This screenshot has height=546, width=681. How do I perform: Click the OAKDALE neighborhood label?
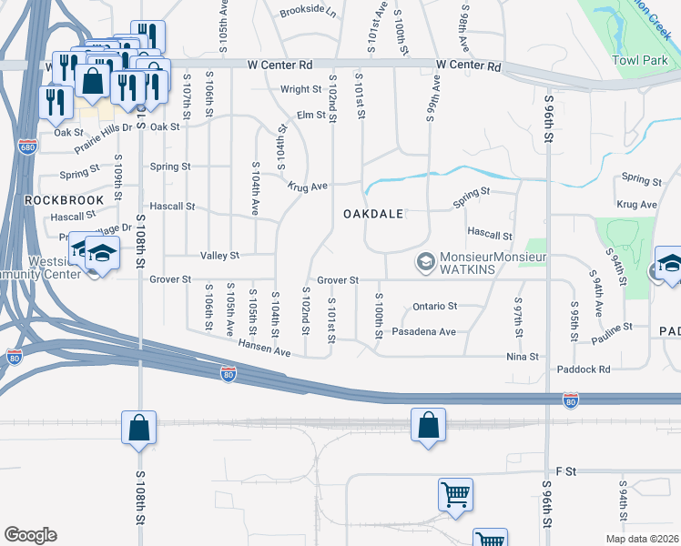(x=372, y=214)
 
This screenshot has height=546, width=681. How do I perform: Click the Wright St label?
(x=300, y=89)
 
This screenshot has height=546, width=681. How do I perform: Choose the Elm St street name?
(x=310, y=116)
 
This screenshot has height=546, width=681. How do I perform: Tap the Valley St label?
(x=219, y=256)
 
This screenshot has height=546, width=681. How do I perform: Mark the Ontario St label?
(x=434, y=307)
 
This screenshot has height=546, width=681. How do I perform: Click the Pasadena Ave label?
(x=423, y=332)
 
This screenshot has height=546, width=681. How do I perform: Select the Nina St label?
(x=523, y=358)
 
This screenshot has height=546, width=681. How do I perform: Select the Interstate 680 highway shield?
(x=27, y=147)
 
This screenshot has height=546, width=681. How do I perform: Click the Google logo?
(x=30, y=535)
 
